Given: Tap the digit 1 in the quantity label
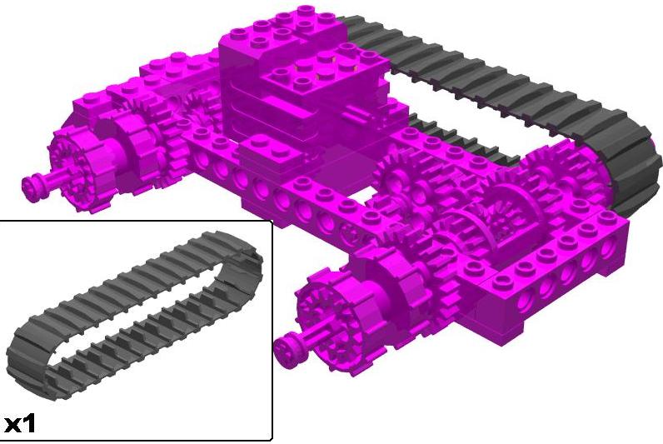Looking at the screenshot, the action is (x=29, y=423).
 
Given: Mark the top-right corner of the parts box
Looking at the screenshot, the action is (x=272, y=220).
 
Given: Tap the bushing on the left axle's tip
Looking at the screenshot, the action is (x=32, y=186).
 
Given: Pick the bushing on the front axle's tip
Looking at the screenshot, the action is (x=287, y=349).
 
